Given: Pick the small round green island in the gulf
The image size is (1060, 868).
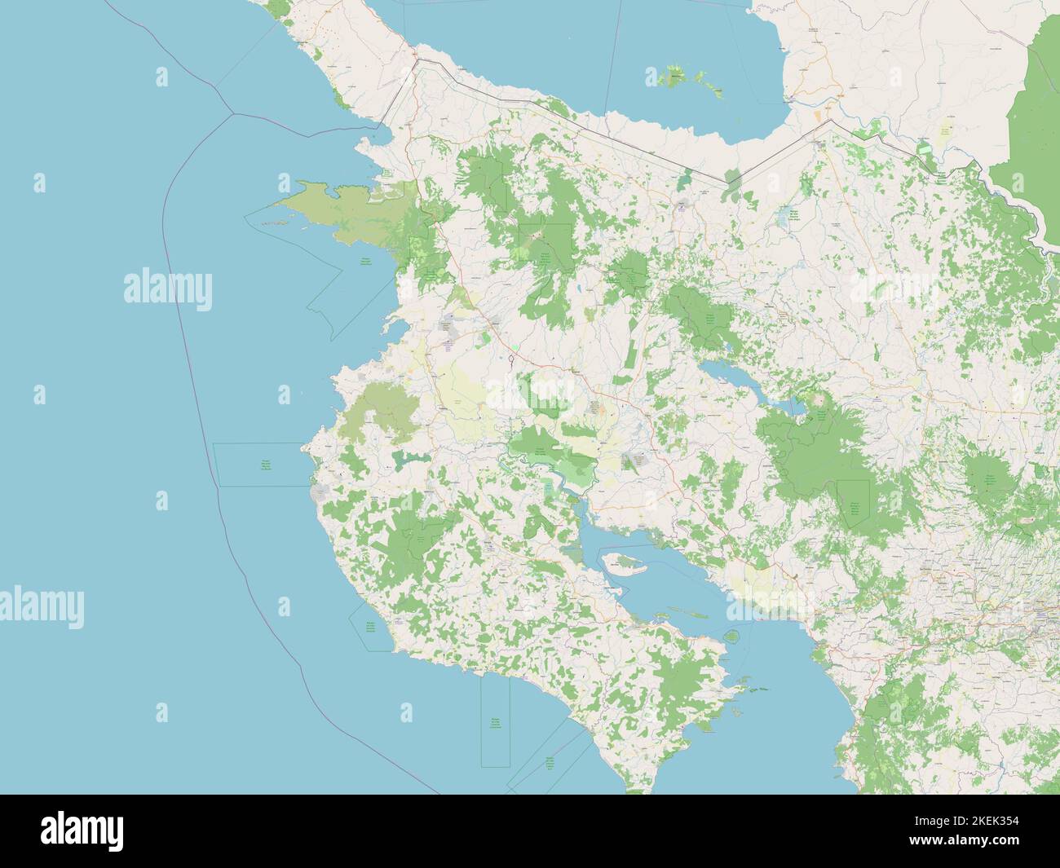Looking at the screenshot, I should pyautogui.click(x=731, y=636).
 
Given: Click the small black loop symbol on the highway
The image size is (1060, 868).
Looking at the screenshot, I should pyautogui.click(x=511, y=359).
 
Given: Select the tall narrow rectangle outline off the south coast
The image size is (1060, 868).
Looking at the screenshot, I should pyautogui.click(x=495, y=721).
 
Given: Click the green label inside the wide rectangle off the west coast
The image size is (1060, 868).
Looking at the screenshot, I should pyautogui.click(x=265, y=465).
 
